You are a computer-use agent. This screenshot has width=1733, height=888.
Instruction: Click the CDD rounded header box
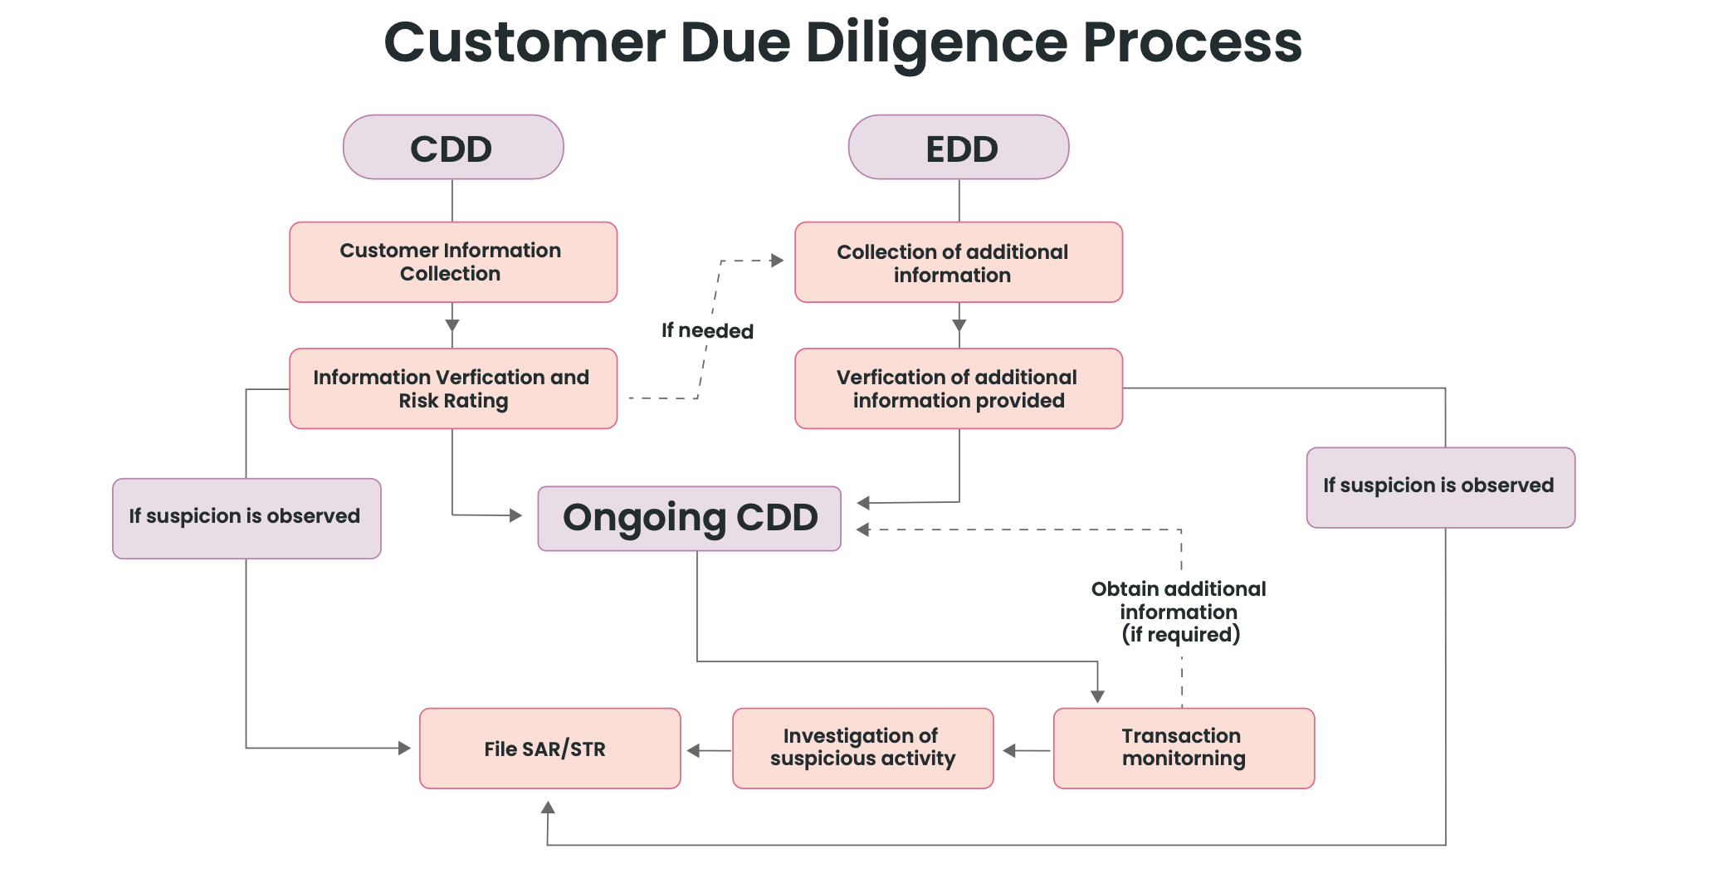point(453,148)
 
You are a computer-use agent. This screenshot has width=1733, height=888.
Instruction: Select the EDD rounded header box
point(959,148)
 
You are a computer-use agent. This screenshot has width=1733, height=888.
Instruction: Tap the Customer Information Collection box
point(453,262)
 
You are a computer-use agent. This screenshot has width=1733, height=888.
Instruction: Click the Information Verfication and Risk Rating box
point(453,388)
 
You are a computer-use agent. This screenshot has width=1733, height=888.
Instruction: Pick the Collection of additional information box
point(959,262)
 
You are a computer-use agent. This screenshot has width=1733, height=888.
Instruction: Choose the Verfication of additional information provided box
point(959,388)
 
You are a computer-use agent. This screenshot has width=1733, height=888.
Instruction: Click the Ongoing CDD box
point(689,519)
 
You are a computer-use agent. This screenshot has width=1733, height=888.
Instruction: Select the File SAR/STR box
point(549,749)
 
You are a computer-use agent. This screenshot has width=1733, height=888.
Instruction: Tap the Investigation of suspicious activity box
point(862,749)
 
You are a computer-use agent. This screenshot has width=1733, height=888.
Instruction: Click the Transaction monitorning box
point(1184,749)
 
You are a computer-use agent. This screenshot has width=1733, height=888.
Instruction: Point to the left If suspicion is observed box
point(247,518)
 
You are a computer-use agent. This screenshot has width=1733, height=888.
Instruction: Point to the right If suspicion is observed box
point(1440,487)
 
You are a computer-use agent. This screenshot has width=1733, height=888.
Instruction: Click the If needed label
point(707,331)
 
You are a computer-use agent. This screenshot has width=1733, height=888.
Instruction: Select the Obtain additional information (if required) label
point(1179,612)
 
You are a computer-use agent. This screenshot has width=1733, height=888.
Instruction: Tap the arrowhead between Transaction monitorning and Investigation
point(1009,751)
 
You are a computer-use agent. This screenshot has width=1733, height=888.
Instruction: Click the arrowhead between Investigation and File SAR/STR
point(694,751)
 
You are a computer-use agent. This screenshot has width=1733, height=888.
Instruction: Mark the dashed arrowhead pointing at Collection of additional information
point(778,261)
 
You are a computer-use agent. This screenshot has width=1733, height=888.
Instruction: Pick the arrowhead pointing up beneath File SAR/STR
point(548,807)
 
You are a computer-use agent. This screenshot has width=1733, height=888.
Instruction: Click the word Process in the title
point(1192,43)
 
